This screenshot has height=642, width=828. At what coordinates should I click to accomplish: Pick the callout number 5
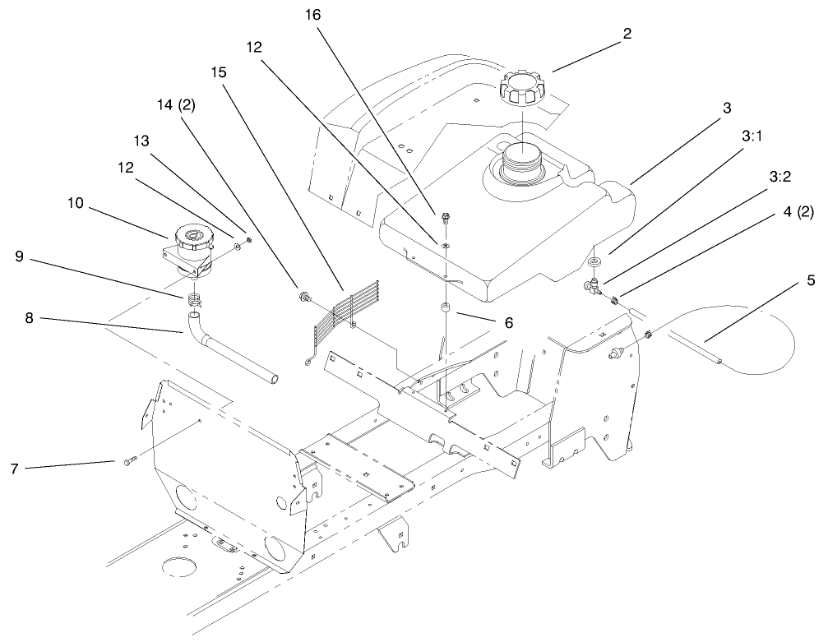(812, 279)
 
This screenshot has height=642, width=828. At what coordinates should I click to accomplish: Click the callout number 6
(509, 324)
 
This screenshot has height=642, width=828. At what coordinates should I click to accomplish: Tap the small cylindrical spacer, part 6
(444, 309)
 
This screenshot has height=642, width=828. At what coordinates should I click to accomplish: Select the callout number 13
(141, 141)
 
